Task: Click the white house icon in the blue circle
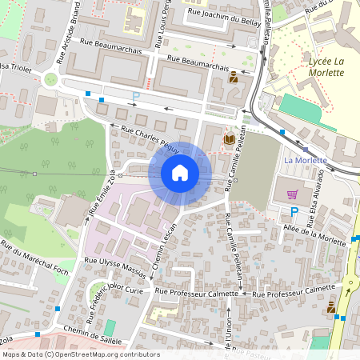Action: point(180,173)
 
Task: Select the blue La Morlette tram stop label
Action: point(306,160)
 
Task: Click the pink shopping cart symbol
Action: point(293,194)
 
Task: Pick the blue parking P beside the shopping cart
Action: point(294,212)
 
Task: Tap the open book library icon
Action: point(230,139)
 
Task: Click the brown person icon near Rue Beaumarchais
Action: point(234,78)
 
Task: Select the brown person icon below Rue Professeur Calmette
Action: point(331,306)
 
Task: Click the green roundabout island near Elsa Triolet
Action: point(52,79)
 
